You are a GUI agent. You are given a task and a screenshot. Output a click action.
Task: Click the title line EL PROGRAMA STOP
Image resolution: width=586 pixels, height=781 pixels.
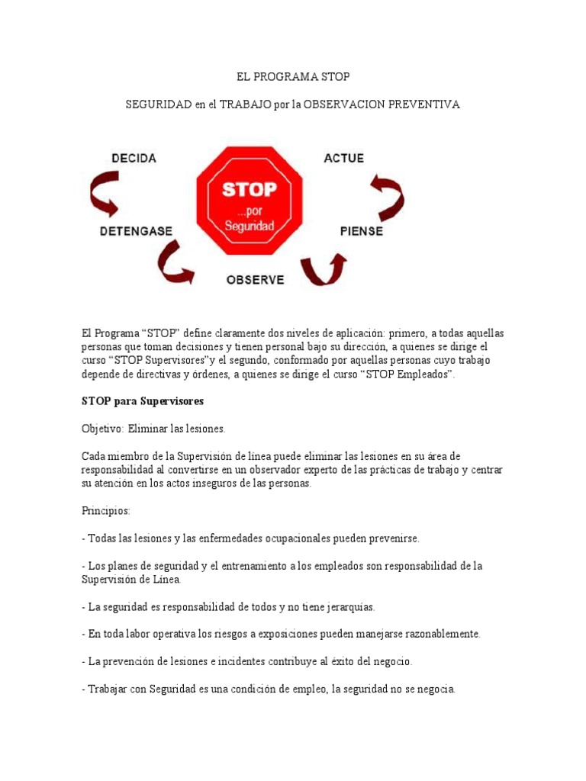[x=293, y=77]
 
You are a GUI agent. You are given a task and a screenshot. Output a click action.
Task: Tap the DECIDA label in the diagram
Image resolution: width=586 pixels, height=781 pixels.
[x=134, y=159]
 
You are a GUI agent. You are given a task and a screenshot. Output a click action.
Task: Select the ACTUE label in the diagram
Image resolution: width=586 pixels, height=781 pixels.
[x=344, y=159]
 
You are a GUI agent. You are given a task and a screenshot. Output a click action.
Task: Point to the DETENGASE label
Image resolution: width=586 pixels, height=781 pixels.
[x=136, y=230]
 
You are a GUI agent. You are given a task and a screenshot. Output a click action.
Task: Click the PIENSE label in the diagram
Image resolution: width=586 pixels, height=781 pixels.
[x=362, y=230]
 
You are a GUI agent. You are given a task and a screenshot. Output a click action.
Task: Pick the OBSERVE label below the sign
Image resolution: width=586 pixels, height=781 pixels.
[x=255, y=280]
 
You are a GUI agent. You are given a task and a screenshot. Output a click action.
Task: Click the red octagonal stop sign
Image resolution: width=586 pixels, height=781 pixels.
[x=250, y=201]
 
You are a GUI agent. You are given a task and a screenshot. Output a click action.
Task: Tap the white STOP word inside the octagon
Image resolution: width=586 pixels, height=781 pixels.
[x=250, y=188]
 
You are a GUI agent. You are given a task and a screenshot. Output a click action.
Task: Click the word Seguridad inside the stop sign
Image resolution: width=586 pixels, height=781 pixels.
[x=250, y=226]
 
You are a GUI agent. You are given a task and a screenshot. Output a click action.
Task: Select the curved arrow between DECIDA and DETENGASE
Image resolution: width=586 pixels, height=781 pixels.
[x=105, y=194]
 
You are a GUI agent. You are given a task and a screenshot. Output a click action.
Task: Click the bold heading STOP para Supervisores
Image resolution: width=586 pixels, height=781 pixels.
[x=142, y=401]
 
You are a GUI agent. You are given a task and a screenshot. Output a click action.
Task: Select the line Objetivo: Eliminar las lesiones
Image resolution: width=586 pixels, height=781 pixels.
[x=153, y=429]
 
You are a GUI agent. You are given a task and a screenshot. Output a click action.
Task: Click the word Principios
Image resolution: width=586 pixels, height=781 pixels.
[x=106, y=510]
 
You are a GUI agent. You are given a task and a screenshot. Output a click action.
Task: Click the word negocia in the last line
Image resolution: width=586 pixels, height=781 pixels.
[x=435, y=689]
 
